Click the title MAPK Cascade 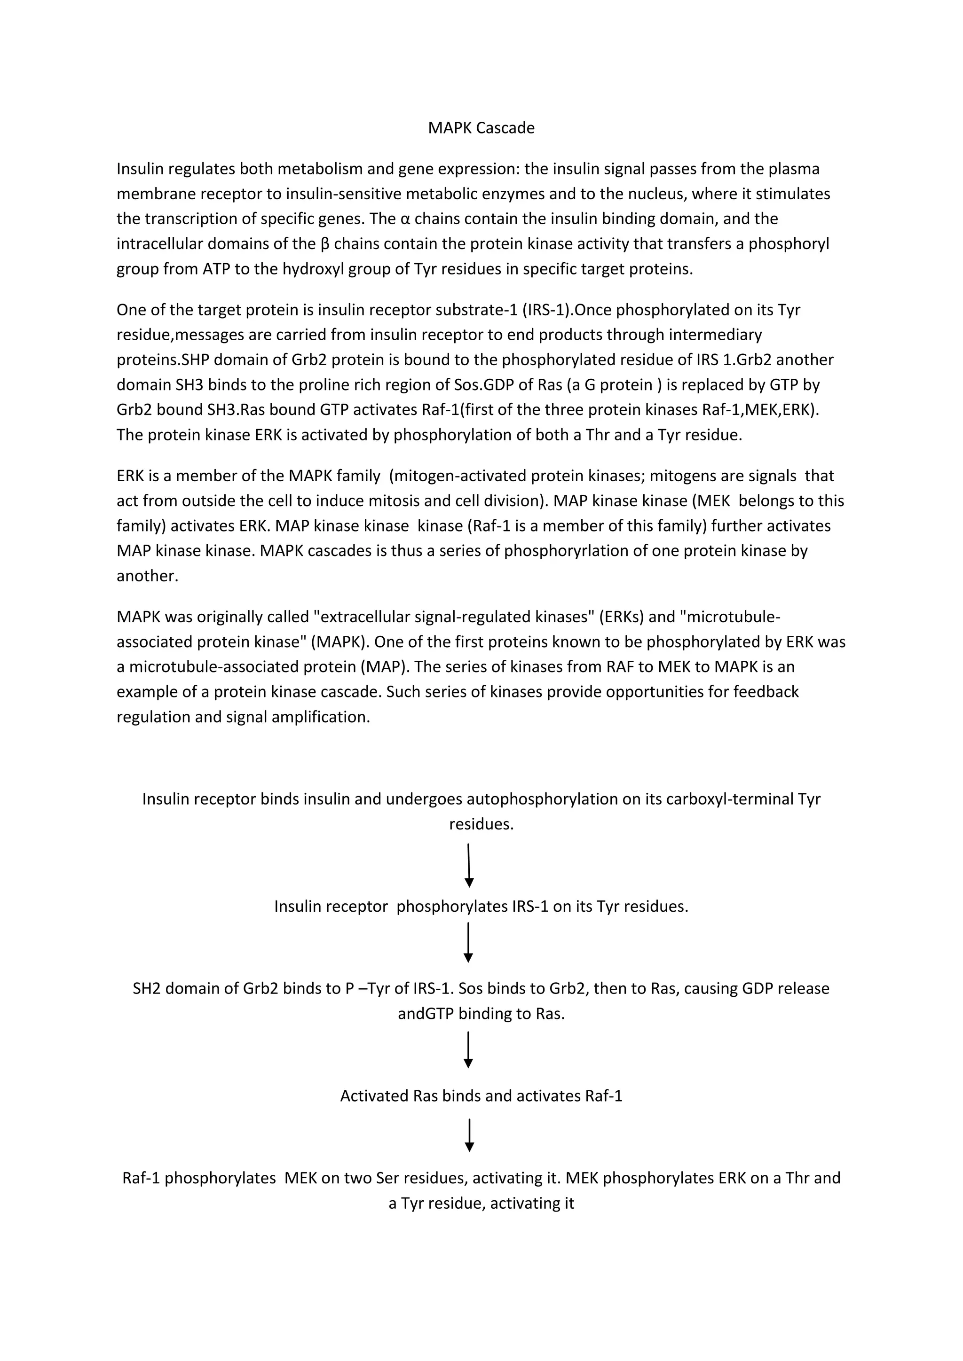coord(481,128)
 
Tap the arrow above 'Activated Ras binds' coord(468,1050)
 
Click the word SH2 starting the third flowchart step coord(145,989)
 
